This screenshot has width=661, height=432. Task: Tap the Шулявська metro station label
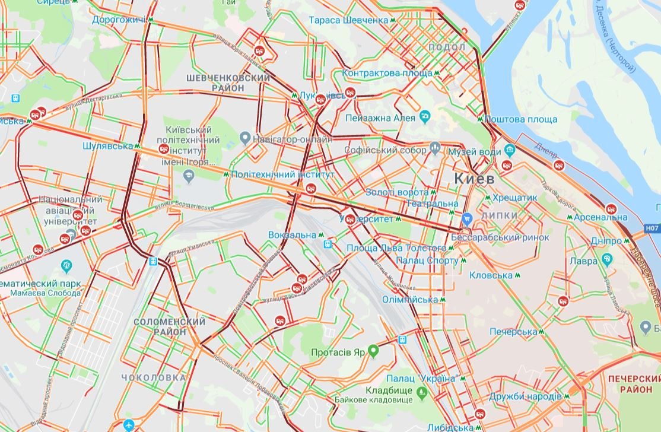[107, 145]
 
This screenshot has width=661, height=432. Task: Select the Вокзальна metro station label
[292, 235]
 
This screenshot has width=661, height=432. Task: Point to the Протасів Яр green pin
[373, 351]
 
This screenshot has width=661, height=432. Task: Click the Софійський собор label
[385, 150]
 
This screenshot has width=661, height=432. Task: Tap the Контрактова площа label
[387, 73]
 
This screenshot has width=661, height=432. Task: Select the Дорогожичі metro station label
[119, 20]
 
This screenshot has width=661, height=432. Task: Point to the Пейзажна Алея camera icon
[425, 116]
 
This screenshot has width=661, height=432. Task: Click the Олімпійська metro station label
[409, 300]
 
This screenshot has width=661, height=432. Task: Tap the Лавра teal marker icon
[606, 259]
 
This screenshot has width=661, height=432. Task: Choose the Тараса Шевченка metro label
[348, 20]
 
